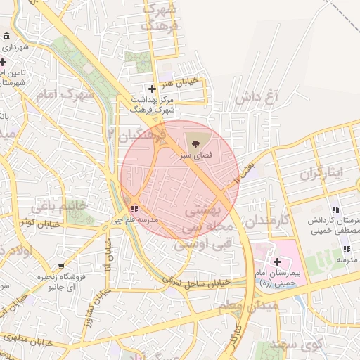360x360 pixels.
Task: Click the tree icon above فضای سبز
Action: click(x=195, y=127)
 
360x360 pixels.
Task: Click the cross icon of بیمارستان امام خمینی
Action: click(x=277, y=262)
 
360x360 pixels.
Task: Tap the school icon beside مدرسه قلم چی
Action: click(x=134, y=208)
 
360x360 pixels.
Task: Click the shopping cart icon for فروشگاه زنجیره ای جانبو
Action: click(x=63, y=266)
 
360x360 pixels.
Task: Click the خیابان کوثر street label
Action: click(x=37, y=223)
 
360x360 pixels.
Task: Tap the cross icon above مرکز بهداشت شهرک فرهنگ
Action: click(x=153, y=89)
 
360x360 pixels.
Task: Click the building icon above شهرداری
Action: click(x=7, y=37)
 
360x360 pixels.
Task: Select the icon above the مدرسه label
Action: click(x=346, y=249)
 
